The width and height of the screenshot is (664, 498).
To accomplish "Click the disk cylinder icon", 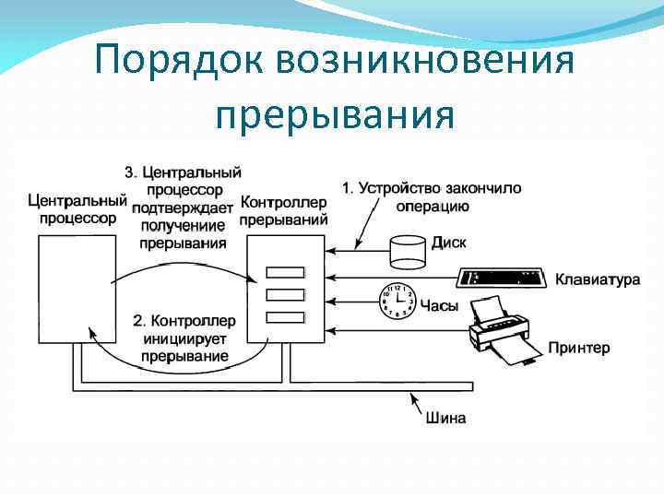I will pos(409,249).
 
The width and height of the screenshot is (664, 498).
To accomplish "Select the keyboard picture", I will pos(502,278).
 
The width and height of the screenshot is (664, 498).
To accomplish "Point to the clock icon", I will pos(397,301).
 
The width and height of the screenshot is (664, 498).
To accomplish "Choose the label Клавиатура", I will pos(597,279).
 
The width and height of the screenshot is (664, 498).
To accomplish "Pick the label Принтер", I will pos(578,348).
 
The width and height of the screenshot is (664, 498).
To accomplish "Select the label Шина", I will pos(445,418).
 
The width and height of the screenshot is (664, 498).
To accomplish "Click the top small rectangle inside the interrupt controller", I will pos(285,273).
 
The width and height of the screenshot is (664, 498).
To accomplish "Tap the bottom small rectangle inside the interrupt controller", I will pos(285,317).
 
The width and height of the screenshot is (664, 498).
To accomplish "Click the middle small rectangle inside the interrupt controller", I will pos(285,295).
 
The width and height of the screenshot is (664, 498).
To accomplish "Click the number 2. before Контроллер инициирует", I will pos(138,321).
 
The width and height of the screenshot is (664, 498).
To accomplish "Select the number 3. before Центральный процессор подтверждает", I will pos(131,172).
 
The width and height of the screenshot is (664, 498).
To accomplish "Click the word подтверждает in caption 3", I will pos(182,207).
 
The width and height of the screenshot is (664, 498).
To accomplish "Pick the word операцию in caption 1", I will pos(433,206).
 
